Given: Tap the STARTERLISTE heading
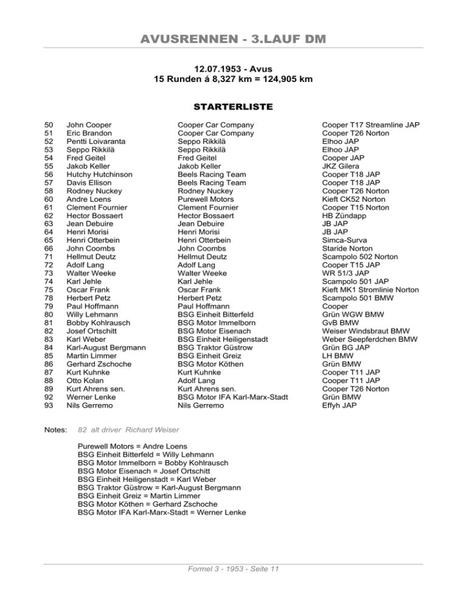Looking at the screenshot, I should coord(233,107).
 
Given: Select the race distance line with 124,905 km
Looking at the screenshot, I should coord(233,80).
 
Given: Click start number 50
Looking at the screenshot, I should coord(41,125).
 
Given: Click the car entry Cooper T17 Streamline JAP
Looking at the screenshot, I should coord(370,125).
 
